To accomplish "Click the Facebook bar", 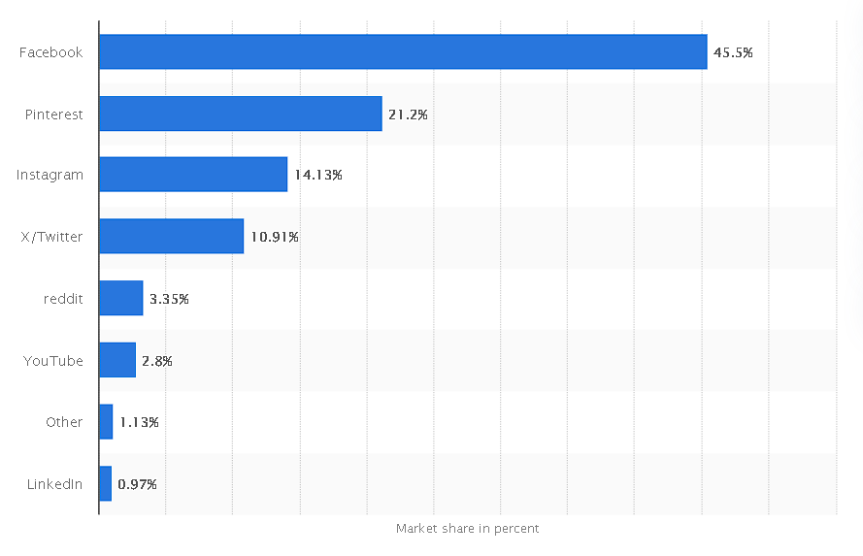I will (403, 52).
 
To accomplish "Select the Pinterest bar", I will (241, 114).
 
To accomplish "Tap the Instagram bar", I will (193, 175).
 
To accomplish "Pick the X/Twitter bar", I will (172, 237).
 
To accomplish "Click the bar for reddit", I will (121, 298).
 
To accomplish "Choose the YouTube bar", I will (117, 360).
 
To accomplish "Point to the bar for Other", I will (106, 422).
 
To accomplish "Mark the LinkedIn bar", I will (105, 483).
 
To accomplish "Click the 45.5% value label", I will (733, 52).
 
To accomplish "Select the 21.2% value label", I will (408, 114).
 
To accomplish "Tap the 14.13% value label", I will (318, 176).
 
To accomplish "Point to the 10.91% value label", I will (274, 237).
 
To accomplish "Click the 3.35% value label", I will (169, 299).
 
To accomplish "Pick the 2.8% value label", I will (157, 361).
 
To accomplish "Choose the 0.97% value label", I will (137, 484).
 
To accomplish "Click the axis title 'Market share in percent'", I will (467, 529).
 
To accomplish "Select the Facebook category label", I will (51, 52).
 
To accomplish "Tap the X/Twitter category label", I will (51, 237).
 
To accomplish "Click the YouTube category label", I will (53, 361).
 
